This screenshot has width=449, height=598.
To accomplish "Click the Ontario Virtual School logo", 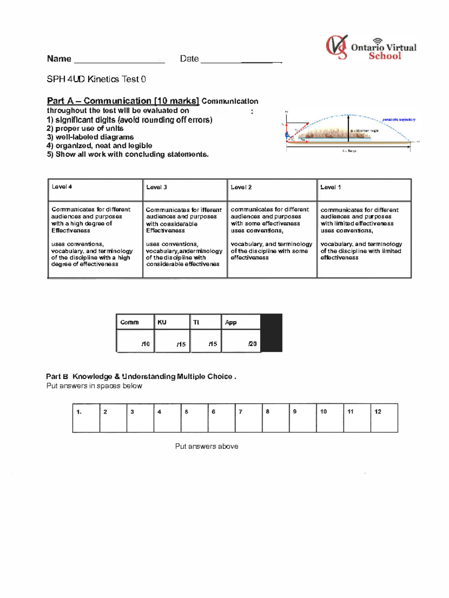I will pos(370,48).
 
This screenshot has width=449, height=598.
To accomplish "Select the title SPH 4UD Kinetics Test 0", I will pos(96,79).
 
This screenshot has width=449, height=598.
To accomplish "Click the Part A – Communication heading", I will pos(123,101).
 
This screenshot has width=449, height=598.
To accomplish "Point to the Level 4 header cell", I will pos(95,190).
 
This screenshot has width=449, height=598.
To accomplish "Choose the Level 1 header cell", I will pos(364,190).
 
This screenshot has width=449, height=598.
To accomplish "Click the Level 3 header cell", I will pos(185,190).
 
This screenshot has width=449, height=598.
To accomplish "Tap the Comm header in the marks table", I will pos(135,322).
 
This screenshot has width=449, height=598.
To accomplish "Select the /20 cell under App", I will pos(241,341).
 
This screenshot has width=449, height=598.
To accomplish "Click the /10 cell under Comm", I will pos(135,341).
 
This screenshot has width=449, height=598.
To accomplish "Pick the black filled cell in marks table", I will pos(271,333).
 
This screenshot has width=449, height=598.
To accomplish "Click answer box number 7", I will pos(248,418).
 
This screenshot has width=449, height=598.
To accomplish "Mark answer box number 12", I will pos(384,418).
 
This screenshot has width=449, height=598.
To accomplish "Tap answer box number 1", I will pos(86,418).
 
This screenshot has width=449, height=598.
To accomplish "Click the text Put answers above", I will pos(207,446).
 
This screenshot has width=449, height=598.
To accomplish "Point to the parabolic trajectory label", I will pos(398,120).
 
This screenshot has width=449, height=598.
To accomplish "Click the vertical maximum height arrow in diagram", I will pos(348,128).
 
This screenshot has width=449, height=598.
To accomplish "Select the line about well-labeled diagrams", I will pos(90,137).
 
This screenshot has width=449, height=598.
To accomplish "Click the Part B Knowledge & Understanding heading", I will pos(141,377).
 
